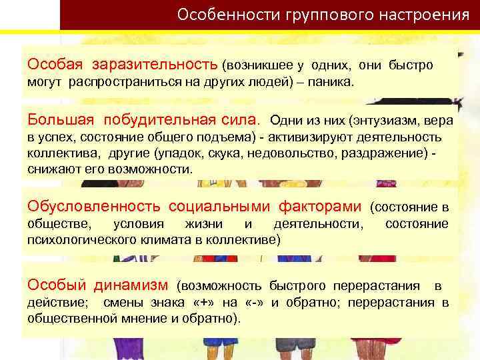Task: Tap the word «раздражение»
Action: point(391,153)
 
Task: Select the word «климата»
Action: point(165,239)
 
